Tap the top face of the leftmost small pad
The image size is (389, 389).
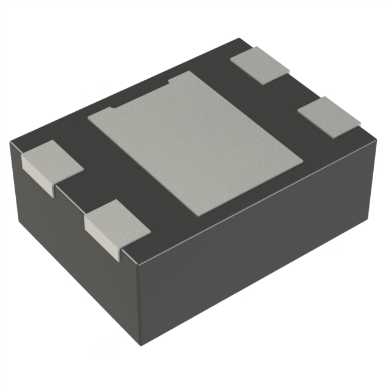point(52,160)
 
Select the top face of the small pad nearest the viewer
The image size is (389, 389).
point(117,221)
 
